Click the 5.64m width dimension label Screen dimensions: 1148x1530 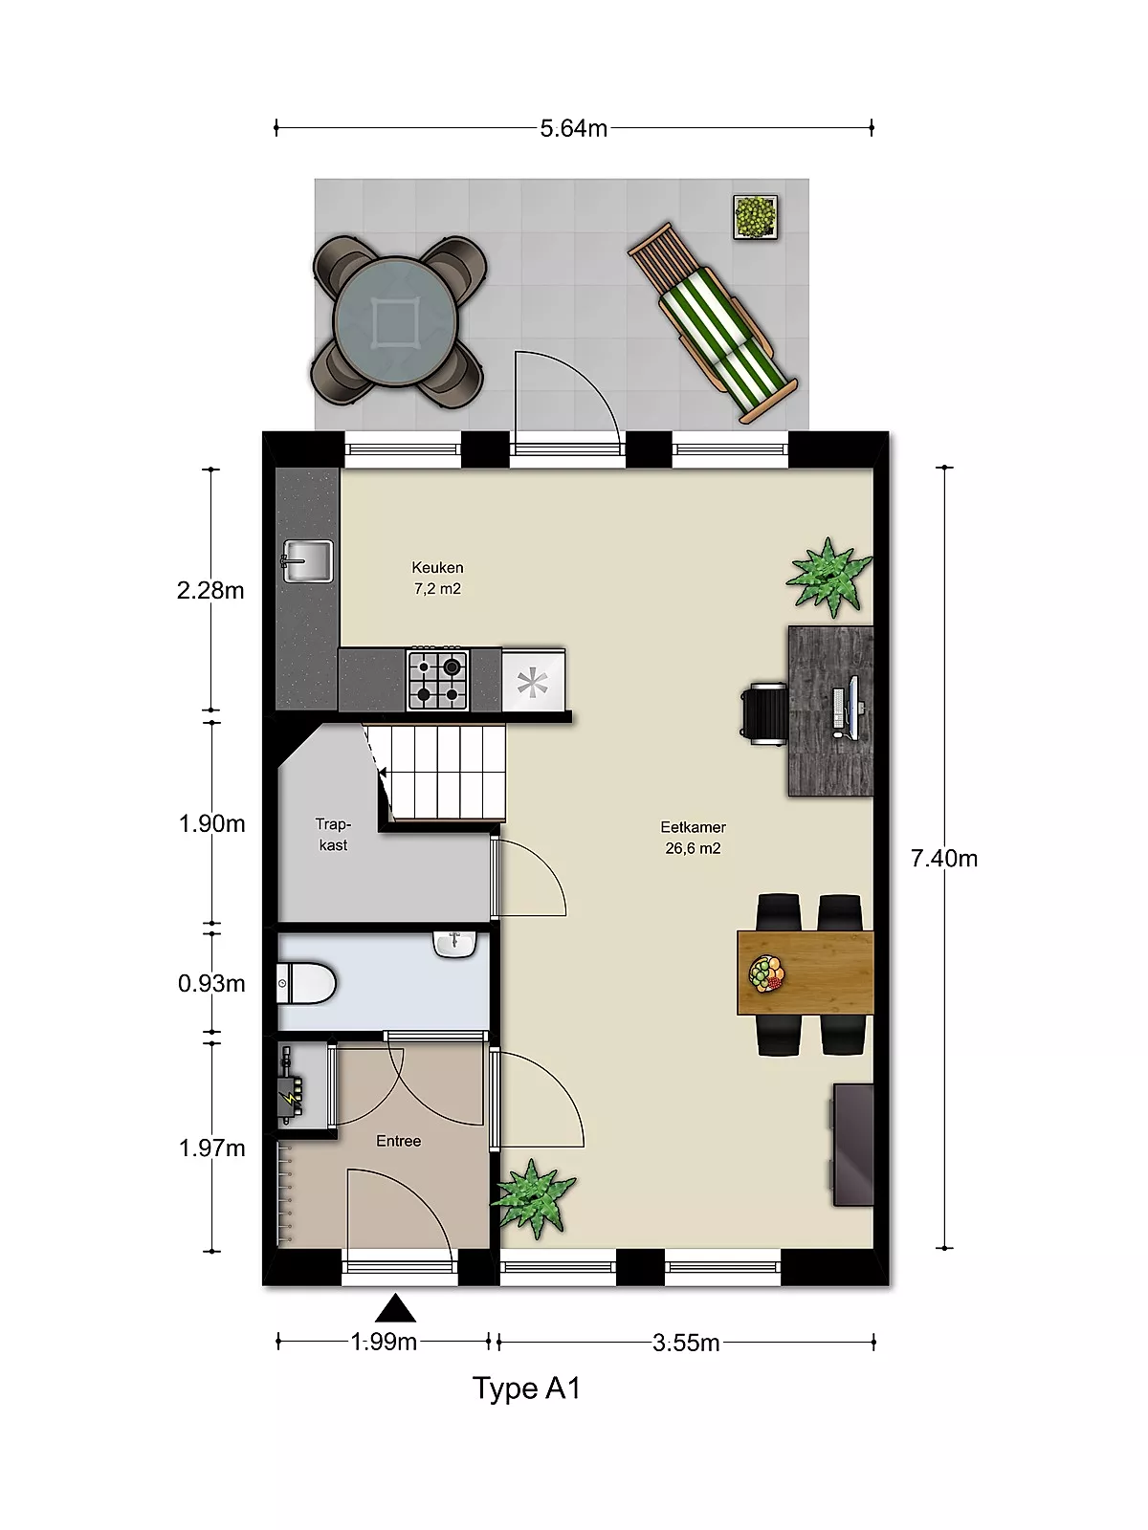tap(574, 129)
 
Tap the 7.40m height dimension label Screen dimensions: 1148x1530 tap(944, 858)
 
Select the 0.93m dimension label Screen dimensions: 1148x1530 tap(211, 984)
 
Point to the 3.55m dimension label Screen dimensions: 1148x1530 tap(686, 1343)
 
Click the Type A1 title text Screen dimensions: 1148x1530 tap(526, 1388)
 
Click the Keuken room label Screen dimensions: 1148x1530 tap(437, 568)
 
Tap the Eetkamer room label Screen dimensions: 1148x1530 tap(693, 827)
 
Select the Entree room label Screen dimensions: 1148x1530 tap(398, 1141)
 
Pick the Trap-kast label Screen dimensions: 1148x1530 tap(333, 835)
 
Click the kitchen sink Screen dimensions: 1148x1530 tap(307, 561)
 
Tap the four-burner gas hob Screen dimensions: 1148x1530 tap(438, 679)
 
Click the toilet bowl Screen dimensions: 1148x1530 tap(306, 983)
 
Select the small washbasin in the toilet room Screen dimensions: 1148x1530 tap(455, 944)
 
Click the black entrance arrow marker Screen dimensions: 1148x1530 tap(395, 1308)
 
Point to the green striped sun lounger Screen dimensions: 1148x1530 tap(713, 322)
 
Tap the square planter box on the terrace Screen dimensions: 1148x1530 tap(756, 217)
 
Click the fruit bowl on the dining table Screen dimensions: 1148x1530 tap(766, 973)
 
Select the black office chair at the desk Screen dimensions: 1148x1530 tap(764, 713)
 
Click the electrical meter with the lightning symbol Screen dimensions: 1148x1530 tap(291, 1097)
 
